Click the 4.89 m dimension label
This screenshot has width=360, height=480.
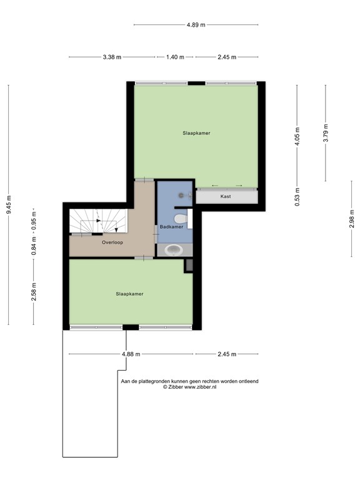tap(196, 25)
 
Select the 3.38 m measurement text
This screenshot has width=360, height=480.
tap(112, 57)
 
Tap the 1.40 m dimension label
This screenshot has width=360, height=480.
tap(175, 57)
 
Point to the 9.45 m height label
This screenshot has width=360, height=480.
tap(9, 204)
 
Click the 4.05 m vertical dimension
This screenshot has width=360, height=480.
tap(298, 136)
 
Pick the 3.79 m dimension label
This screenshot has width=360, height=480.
tap(325, 134)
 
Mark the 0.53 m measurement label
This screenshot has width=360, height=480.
tap(298, 197)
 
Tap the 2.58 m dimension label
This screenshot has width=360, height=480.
tap(34, 291)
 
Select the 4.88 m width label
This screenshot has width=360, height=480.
tap(131, 354)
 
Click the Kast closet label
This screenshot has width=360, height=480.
tap(226, 196)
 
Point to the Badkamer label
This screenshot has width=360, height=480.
tap(171, 227)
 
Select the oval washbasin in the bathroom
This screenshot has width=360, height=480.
tap(172, 251)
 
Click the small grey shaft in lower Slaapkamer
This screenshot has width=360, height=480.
tap(187, 266)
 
